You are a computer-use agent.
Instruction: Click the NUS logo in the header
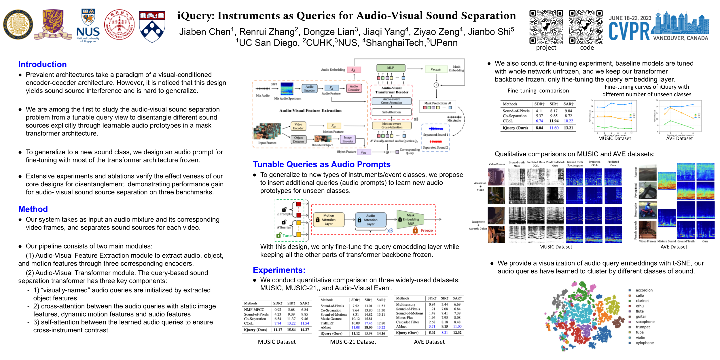tap(88, 26)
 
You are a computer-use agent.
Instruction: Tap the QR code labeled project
tap(546, 27)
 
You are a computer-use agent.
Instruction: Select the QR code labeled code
tap(586, 27)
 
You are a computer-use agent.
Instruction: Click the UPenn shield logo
tap(152, 26)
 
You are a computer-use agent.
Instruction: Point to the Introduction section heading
tap(42, 64)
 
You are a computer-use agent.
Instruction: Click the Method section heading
tap(33, 209)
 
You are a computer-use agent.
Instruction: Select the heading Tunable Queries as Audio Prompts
tap(321, 164)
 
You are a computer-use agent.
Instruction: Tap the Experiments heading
tap(279, 270)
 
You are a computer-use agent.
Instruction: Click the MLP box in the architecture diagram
tap(391, 68)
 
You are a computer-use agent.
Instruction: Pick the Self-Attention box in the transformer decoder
tap(391, 112)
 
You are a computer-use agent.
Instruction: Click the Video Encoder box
tap(298, 126)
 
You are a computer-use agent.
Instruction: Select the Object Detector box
tap(298, 140)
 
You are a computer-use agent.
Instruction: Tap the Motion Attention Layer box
tap(329, 220)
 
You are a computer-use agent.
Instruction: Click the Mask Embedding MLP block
tap(410, 219)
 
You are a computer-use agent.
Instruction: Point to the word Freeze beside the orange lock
tap(427, 231)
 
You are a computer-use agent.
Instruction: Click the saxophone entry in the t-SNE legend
tap(645, 322)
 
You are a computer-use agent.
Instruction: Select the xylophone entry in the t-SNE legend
tap(645, 343)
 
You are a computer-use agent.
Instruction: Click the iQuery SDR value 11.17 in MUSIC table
tap(278, 330)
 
